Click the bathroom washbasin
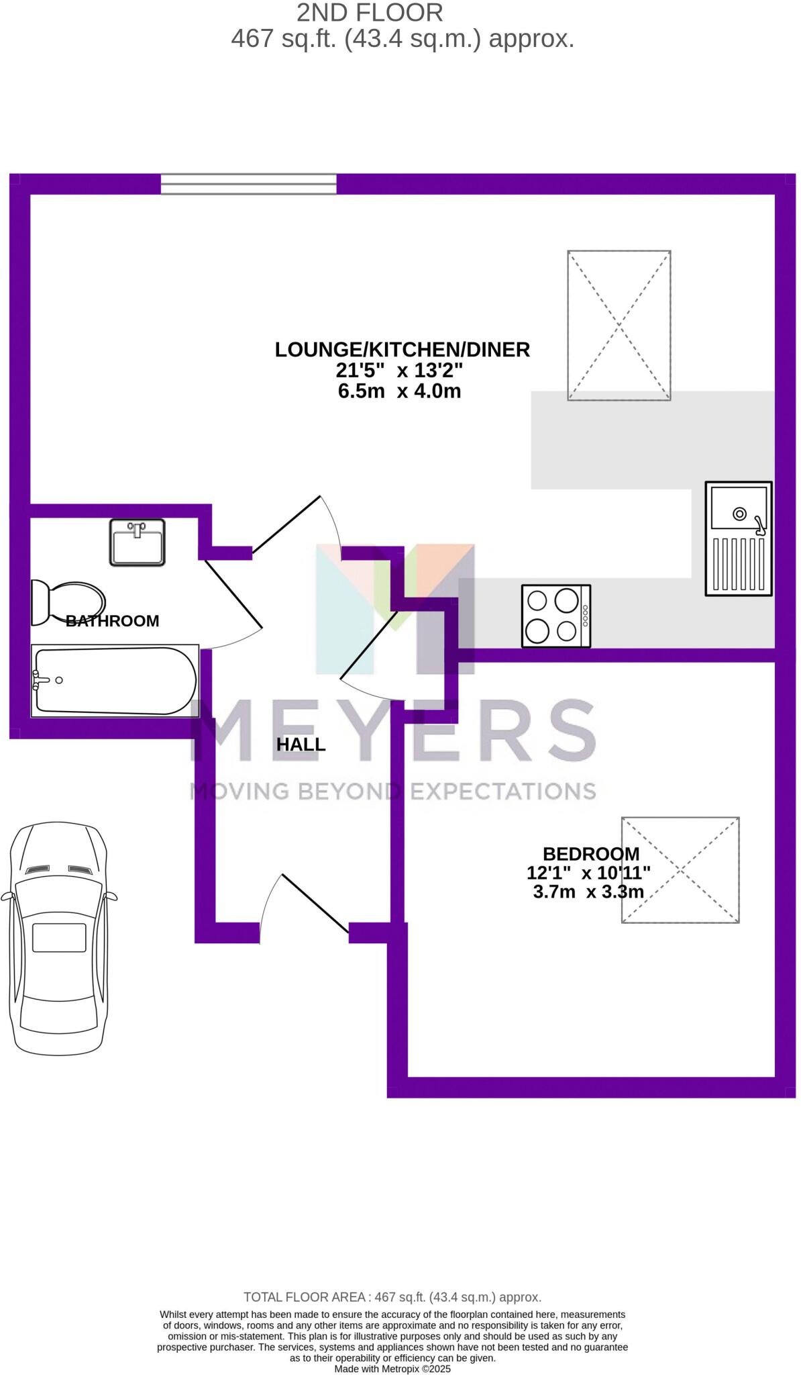(x=137, y=542)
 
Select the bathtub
(x=115, y=680)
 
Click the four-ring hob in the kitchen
(x=555, y=616)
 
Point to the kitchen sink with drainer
(x=738, y=538)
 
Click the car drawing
(x=58, y=937)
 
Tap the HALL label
(x=301, y=745)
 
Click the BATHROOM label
(x=113, y=621)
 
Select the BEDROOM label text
(x=590, y=854)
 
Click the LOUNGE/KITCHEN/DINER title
(x=402, y=350)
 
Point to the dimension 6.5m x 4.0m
(x=399, y=391)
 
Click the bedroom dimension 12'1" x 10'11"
(x=588, y=873)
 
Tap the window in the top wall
(x=248, y=184)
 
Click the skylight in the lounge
(x=619, y=326)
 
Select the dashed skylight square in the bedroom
(x=680, y=870)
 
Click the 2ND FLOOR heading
(x=370, y=13)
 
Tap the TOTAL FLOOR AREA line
(x=392, y=1297)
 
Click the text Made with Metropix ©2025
(x=392, y=1368)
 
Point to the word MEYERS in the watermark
(x=394, y=730)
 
